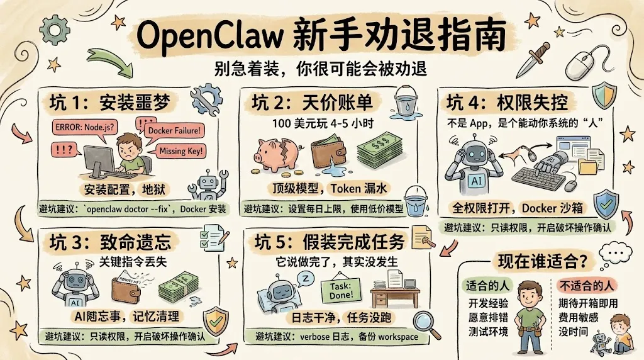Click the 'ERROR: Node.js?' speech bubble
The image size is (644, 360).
[84, 126]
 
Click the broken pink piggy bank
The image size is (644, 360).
[277, 153]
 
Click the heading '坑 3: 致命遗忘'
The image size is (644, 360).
[118, 241]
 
